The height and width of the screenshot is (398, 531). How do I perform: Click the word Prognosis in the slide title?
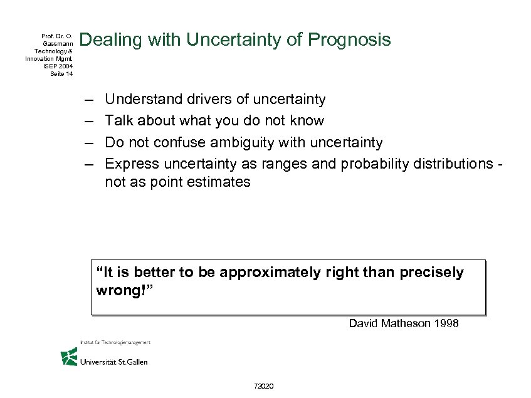tap(349, 41)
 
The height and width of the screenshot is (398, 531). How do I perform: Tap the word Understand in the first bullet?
tap(140, 99)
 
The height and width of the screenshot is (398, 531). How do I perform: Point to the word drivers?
tap(201, 99)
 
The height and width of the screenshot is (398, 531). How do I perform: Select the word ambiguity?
tap(240, 142)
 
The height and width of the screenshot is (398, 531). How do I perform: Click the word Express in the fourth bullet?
tap(132, 164)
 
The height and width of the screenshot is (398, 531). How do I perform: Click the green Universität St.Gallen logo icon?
tap(69, 357)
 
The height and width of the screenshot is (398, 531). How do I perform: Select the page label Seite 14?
tap(61, 73)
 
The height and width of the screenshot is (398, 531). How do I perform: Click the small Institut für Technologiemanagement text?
tap(115, 342)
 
